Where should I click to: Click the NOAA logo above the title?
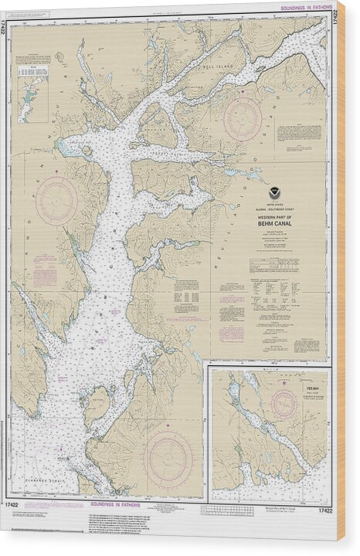point(276,195)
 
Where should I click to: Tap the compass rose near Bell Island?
point(242,119)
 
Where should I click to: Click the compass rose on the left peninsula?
point(56,201)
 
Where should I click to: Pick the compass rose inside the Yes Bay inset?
point(284,405)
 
